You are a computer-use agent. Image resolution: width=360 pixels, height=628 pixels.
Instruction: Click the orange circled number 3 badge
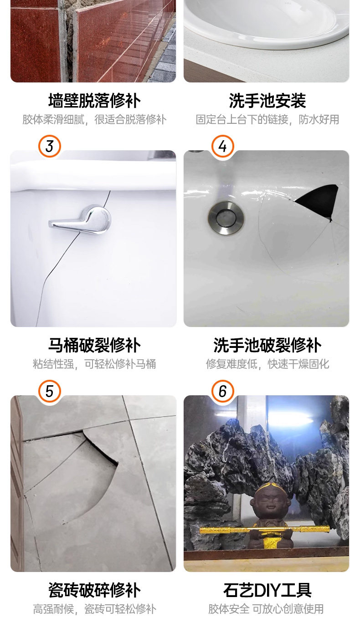50,146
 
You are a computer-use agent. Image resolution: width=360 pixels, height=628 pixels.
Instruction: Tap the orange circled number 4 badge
223,146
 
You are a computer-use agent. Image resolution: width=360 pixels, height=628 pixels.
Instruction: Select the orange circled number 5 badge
50,391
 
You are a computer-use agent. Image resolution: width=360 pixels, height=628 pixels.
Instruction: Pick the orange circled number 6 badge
223,391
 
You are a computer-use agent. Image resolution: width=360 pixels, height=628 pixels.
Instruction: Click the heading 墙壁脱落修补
94,101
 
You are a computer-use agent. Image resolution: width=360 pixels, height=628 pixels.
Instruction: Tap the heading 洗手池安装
267,101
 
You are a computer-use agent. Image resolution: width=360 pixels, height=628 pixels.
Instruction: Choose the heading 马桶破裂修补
94,345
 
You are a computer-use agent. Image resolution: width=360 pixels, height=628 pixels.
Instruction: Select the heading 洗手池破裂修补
267,345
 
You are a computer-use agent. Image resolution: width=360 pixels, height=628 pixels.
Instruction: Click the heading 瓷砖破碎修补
94,590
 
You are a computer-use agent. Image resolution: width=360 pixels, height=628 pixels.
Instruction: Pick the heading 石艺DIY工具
267,590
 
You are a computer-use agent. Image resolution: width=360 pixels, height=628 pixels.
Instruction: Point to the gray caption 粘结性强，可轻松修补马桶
94,364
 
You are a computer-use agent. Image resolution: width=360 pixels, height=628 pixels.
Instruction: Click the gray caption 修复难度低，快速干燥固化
267,364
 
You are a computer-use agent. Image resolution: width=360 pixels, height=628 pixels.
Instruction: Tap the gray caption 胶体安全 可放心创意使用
266,609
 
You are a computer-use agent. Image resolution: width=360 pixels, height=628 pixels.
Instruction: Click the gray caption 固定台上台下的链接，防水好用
267,119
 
